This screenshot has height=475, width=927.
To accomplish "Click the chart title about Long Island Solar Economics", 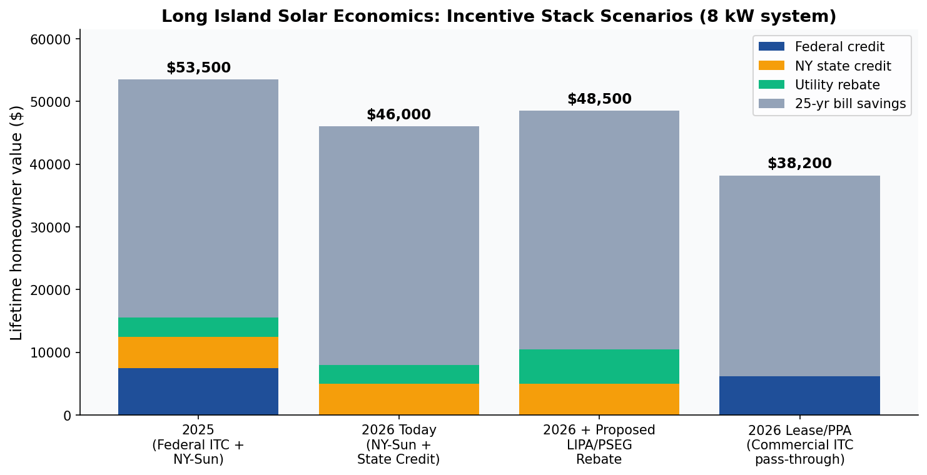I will click(x=499, y=17).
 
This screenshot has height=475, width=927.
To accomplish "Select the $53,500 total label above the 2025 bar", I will click(x=198, y=68).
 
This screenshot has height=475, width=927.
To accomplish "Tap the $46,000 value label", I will click(x=398, y=115).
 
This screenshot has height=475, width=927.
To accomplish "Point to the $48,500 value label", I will click(x=599, y=99).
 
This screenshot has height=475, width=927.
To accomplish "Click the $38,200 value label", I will click(x=799, y=164).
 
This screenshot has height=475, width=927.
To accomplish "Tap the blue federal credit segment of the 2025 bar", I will click(x=198, y=391).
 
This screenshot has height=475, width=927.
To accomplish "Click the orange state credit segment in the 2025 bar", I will click(x=198, y=352).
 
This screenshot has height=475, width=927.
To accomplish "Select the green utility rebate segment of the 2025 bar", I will click(x=198, y=327).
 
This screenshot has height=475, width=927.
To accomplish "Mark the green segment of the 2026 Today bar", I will click(x=398, y=374).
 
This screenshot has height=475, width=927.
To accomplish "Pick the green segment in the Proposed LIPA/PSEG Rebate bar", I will click(x=599, y=366).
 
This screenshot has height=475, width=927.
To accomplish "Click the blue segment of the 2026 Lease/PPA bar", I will click(x=799, y=396).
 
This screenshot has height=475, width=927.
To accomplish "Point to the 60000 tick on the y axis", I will click(x=54, y=39).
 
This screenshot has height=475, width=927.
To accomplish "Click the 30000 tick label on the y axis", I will click(x=54, y=227).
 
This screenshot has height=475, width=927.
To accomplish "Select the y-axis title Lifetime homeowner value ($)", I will click(x=17, y=222).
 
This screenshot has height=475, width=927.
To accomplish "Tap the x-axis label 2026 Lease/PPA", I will click(x=799, y=445).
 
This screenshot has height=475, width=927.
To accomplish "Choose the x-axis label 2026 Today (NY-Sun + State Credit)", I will click(x=398, y=445).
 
